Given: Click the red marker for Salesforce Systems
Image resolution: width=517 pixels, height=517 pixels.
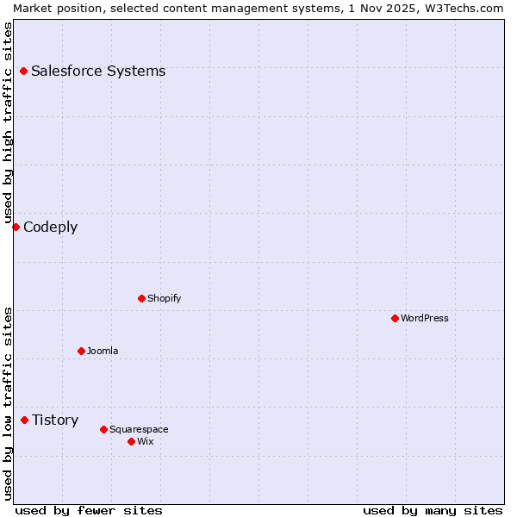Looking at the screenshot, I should point(23,71).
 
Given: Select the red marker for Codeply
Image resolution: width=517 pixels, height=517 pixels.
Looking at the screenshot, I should point(16,227).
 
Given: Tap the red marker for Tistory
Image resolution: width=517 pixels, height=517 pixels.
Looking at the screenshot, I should point(24,420).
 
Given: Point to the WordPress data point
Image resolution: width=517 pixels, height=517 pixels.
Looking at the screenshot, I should point(395,318).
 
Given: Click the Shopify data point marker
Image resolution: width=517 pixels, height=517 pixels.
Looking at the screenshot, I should point(141,298).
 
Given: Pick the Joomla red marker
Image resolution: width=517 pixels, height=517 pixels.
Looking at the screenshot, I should point(81,351).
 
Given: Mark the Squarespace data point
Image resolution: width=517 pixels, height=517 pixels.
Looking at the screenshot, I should point(103,429).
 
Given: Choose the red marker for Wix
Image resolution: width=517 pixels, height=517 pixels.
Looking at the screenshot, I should point(131,441).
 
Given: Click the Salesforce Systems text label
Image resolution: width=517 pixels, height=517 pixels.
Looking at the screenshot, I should point(98,71).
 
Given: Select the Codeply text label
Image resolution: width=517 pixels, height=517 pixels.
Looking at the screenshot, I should point(51,227).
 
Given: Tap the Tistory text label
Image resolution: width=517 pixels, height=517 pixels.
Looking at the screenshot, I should point(55,420).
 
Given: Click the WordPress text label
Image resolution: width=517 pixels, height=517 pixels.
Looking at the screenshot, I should point(425,318).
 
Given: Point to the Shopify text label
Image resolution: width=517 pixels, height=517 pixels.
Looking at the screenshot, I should point(165,298).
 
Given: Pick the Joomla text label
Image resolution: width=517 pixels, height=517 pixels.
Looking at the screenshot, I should point(103,351).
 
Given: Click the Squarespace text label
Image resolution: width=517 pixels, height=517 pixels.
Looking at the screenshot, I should point(139,429).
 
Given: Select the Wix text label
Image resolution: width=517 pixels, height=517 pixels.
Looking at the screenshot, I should point(146,441).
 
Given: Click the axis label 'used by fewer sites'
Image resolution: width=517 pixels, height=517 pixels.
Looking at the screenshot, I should point(89,510).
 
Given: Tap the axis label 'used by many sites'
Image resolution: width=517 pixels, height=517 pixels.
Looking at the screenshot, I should point(433,510).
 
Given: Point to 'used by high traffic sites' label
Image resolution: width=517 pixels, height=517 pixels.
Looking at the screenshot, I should point(8,121).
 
